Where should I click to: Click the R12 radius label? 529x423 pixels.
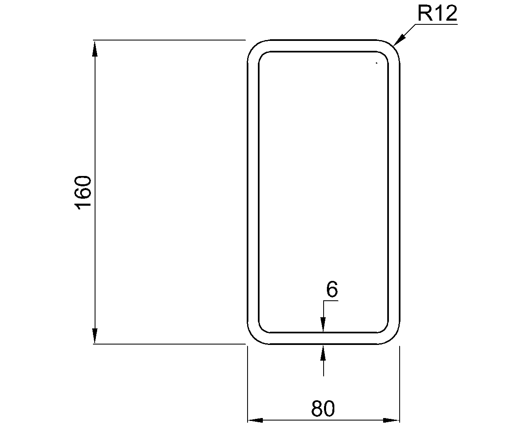pyautogui.click(x=437, y=14)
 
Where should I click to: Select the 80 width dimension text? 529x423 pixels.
pyautogui.click(x=323, y=409)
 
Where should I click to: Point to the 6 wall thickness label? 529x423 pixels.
pyautogui.click(x=332, y=290)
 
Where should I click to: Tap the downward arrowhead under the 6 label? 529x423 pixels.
pyautogui.click(x=323, y=325)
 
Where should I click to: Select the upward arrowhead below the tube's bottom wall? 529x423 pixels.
pyautogui.click(x=323, y=352)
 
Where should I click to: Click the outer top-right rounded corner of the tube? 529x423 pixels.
pyautogui.click(x=393, y=47)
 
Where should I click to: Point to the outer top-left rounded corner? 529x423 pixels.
pyautogui.click(x=254, y=47)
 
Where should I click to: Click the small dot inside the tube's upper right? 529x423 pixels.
pyautogui.click(x=376, y=63)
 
